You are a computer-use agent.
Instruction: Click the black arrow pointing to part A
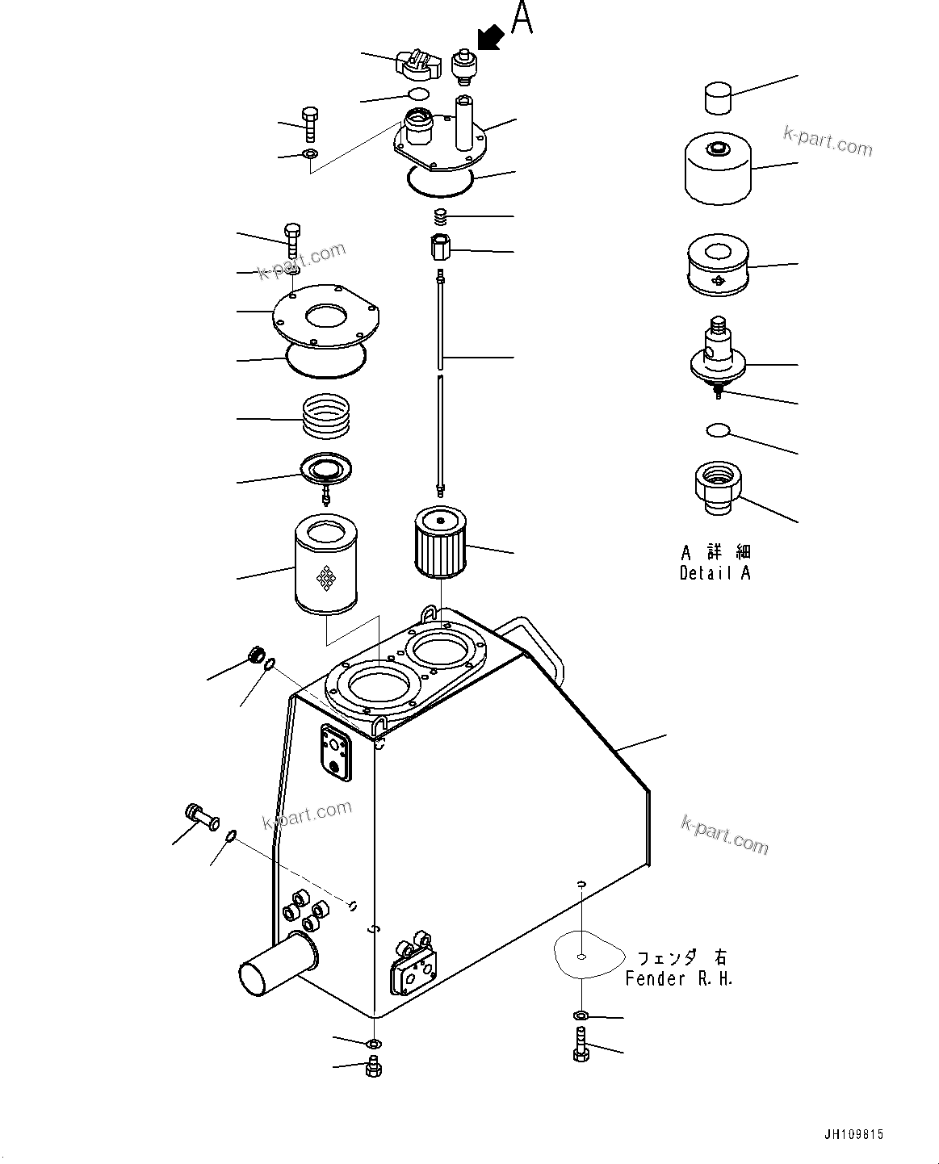click(491, 36)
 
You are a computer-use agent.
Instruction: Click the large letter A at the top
click(522, 19)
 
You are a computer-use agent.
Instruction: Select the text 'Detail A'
click(715, 573)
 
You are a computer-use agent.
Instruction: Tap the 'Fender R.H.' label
click(678, 978)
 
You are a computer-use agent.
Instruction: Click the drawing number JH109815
click(853, 1134)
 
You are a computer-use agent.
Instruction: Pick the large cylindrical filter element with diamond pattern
click(326, 565)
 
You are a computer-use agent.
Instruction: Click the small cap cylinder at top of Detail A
click(717, 98)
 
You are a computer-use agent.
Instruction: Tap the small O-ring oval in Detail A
click(717, 429)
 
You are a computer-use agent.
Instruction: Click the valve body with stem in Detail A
click(717, 355)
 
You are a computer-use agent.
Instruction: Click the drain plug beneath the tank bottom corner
click(373, 1067)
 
